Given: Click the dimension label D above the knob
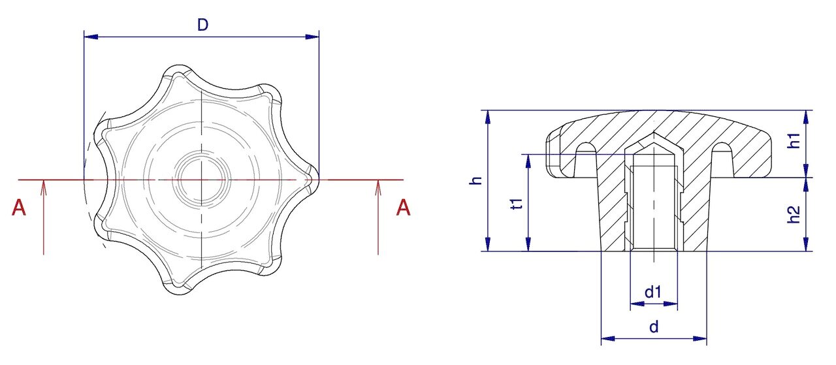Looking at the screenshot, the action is pos(202,25).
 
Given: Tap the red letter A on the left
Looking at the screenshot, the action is pos(19,208).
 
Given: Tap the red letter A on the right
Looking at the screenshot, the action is pos(403,208).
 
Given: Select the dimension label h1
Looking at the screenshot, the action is pos(794,140).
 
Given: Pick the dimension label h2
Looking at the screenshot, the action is pos(794,215).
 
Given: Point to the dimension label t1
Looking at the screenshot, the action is pos(517,204).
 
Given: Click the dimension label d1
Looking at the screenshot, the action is pos(653,292).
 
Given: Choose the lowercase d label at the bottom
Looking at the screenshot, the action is pos(654,327).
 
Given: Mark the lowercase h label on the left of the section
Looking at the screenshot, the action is pos(476,181).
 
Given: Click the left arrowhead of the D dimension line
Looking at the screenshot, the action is pos(91,37).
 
